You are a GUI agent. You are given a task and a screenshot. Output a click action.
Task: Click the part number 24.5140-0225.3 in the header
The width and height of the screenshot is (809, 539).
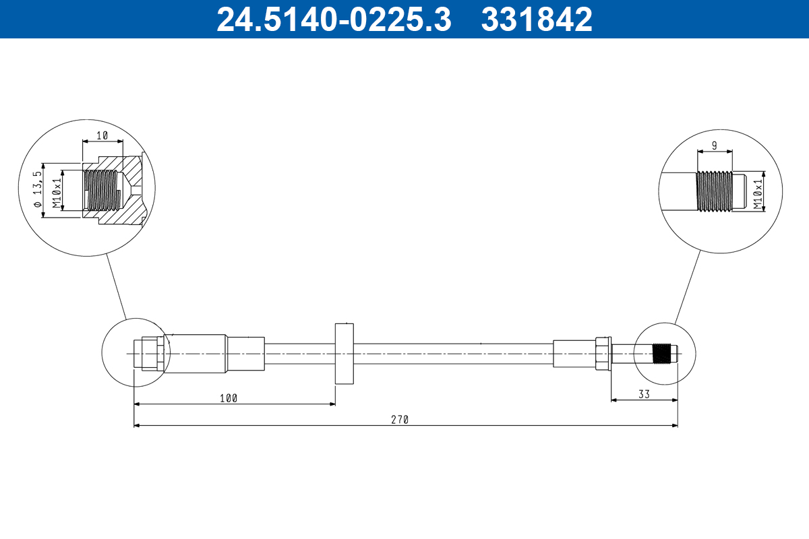click(334, 19)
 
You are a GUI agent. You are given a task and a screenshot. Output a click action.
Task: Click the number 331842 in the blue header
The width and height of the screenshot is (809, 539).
click(537, 19)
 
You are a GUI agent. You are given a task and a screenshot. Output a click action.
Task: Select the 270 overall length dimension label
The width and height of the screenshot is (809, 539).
click(400, 420)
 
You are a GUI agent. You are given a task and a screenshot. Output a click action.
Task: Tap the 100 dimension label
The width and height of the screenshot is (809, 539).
click(229, 399)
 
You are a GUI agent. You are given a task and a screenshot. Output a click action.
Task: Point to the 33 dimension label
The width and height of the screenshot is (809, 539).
click(644, 395)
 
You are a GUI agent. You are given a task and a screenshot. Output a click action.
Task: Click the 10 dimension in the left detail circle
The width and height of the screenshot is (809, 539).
click(102, 135)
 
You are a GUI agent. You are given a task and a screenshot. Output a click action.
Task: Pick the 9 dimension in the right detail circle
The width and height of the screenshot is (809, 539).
click(715, 146)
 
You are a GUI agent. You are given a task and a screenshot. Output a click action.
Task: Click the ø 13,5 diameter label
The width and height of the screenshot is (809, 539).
click(38, 190)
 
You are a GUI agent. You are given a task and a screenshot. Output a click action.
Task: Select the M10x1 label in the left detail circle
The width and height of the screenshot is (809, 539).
click(57, 193)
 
